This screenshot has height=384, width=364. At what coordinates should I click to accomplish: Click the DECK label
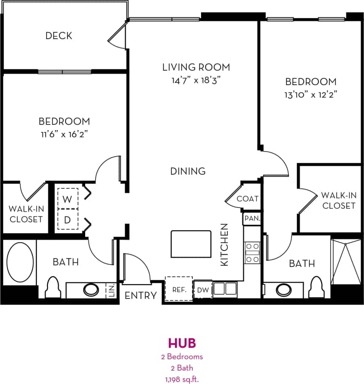click(x=59, y=36)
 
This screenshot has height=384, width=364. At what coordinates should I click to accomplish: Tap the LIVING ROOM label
click(x=195, y=67)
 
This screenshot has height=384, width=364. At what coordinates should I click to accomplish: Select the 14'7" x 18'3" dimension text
click(x=195, y=80)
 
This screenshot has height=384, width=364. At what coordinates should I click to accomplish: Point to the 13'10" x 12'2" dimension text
click(x=310, y=94)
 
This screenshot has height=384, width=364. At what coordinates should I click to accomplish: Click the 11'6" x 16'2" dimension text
click(x=64, y=134)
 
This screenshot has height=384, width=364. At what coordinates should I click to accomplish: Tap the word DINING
click(x=188, y=171)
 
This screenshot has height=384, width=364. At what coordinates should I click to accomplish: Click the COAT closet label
click(x=247, y=199)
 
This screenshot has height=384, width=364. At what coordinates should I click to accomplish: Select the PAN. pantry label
click(x=251, y=218)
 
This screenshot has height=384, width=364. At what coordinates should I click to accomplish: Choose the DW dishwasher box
click(x=202, y=290)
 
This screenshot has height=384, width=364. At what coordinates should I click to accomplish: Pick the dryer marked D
click(x=67, y=220)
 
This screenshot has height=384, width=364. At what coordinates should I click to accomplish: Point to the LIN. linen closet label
click(x=111, y=290)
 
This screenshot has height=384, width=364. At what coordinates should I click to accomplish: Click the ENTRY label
click(x=141, y=295)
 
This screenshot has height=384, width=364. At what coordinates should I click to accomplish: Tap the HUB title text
click(x=182, y=343)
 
